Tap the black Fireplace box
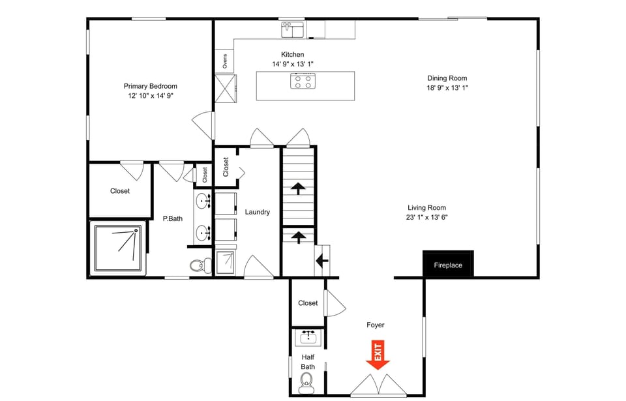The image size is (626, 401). click(448, 265)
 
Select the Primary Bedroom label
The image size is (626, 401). click(150, 86)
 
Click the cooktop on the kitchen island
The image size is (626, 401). click(303, 81)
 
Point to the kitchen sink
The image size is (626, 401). click(293, 29)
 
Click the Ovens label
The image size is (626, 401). click(225, 61)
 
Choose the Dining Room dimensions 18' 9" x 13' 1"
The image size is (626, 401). click(447, 87)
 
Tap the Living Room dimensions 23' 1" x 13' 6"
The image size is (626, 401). click(427, 218)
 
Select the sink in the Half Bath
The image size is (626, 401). click(308, 337)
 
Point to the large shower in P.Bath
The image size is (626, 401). click(118, 248)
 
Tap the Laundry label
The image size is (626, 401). click(257, 212)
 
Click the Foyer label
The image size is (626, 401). click(375, 325)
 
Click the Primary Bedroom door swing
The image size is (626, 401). click(203, 125)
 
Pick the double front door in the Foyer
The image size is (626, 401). click(379, 386)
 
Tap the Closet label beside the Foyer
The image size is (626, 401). click(308, 303)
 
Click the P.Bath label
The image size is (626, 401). click(172, 218)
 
